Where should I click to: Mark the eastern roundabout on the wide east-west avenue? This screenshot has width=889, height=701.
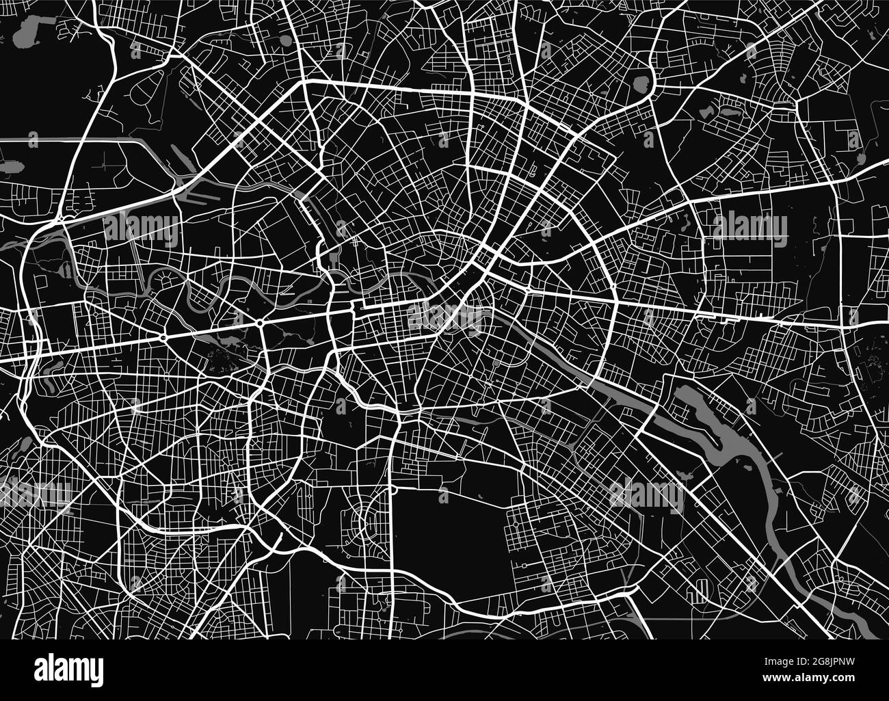[x=261, y=323]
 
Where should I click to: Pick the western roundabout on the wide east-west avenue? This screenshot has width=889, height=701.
[x=163, y=338]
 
